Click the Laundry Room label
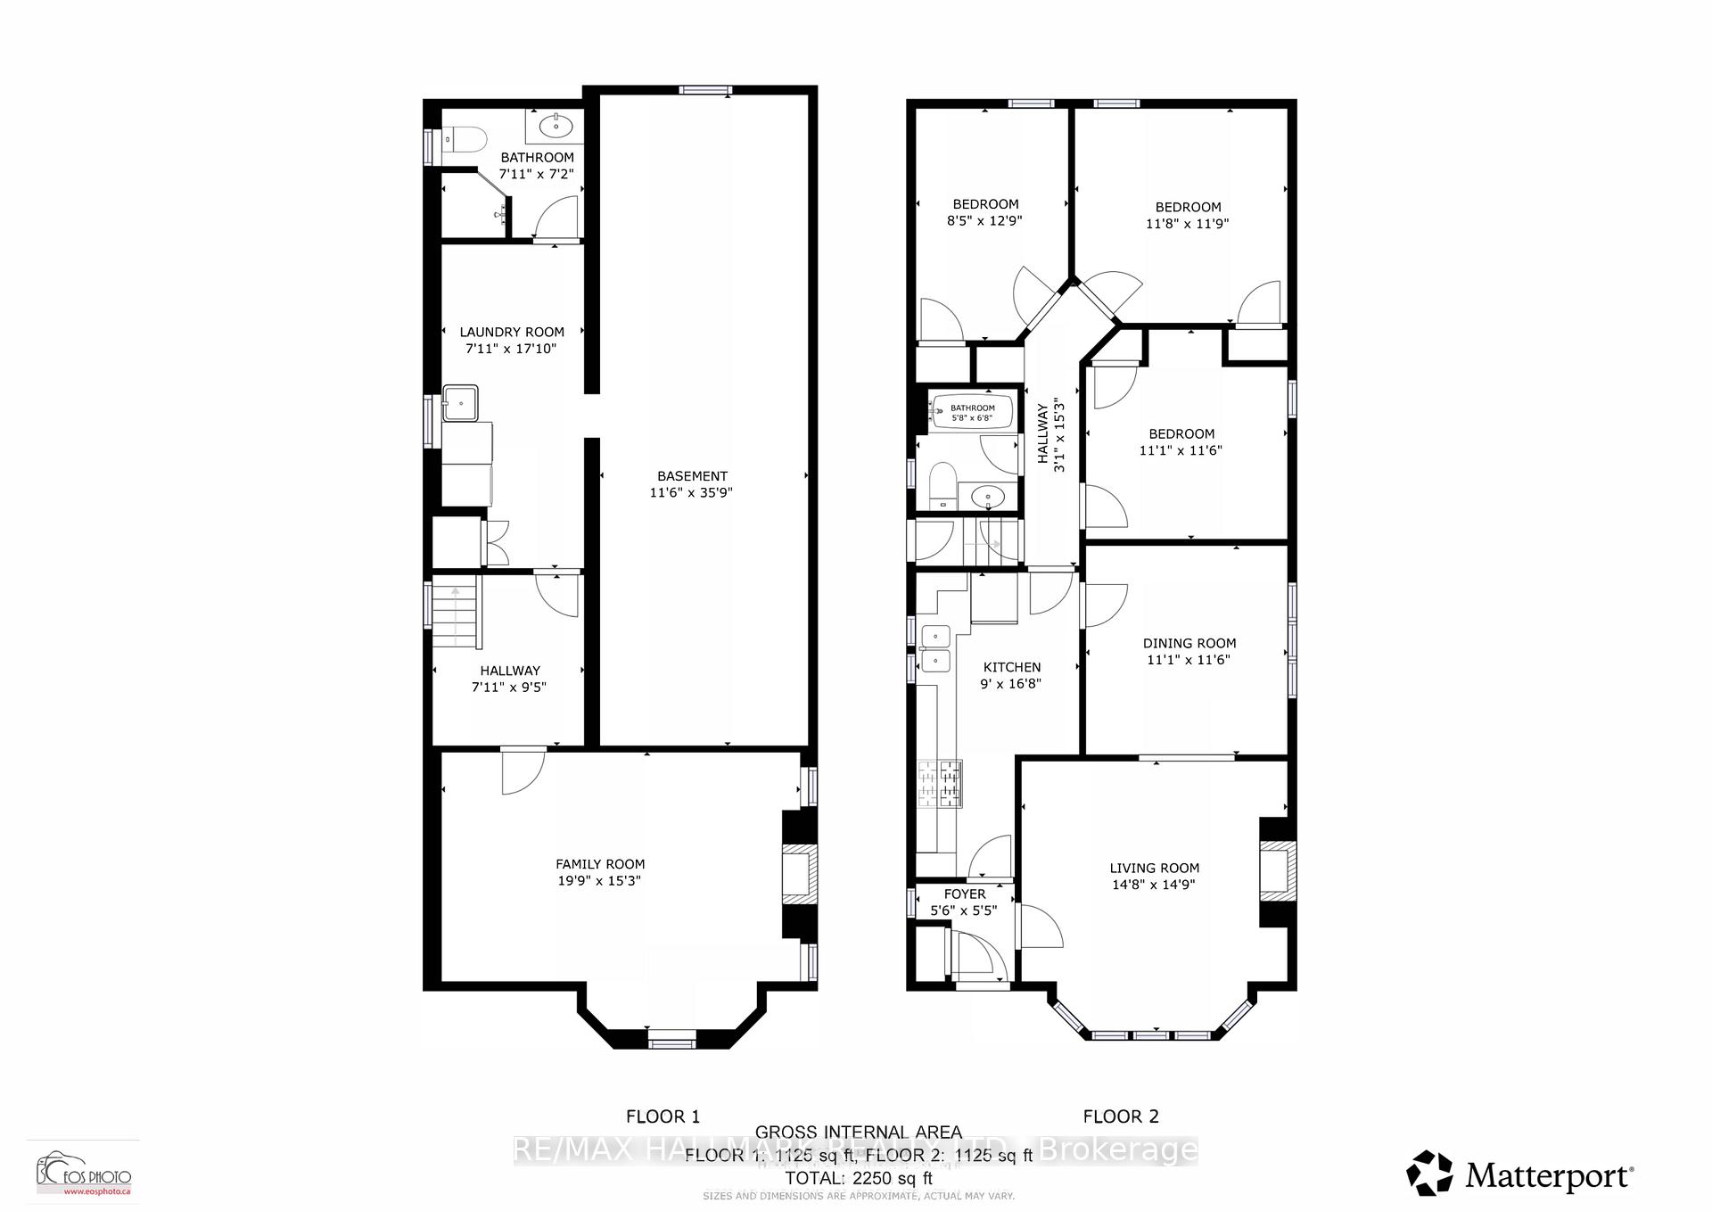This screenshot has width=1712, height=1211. coord(512,332)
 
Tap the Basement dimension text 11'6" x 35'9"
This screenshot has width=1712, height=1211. coord(691,492)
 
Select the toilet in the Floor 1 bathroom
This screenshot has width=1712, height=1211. coord(466,139)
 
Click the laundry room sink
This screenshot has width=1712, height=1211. coord(460,403)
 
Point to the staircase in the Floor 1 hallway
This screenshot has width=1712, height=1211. coord(457,613)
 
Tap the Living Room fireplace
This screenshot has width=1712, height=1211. coord(1277,869)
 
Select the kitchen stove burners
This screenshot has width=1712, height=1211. coord(941,784)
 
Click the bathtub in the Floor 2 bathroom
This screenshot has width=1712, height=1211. coord(972,412)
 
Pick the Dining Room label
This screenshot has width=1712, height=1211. coord(1189,643)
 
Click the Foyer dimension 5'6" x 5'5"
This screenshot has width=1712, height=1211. coord(964,910)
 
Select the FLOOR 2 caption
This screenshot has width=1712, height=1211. coord(1120,1116)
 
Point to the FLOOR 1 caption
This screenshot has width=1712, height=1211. coord(663,1116)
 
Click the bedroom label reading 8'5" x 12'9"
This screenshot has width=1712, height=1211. coord(984,220)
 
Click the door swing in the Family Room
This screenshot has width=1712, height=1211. coord(522,772)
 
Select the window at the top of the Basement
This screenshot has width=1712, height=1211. coord(704,89)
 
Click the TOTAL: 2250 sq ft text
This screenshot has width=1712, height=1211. coord(858,1177)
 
